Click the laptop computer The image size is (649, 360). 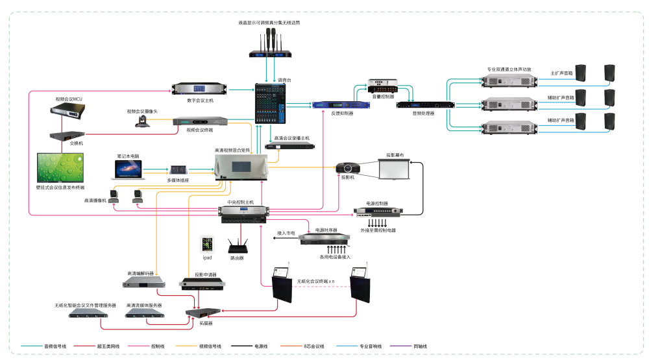(127, 169)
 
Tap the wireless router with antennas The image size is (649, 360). (238, 245)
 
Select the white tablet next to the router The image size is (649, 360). (207, 244)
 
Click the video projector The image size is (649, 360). (347, 168)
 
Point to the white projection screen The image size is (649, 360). (394, 168)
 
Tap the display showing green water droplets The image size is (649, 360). (60, 167)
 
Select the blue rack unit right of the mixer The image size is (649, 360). (341, 104)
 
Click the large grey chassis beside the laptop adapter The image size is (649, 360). (241, 167)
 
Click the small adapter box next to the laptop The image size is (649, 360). (178, 170)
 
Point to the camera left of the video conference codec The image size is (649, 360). (142, 121)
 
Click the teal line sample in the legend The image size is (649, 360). (32, 346)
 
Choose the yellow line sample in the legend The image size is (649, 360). (186, 346)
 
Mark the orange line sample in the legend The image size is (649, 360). (291, 346)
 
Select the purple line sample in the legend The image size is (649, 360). (400, 346)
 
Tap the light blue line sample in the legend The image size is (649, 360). (347, 346)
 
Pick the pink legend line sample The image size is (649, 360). (138, 346)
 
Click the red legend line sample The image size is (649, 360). (84, 346)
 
